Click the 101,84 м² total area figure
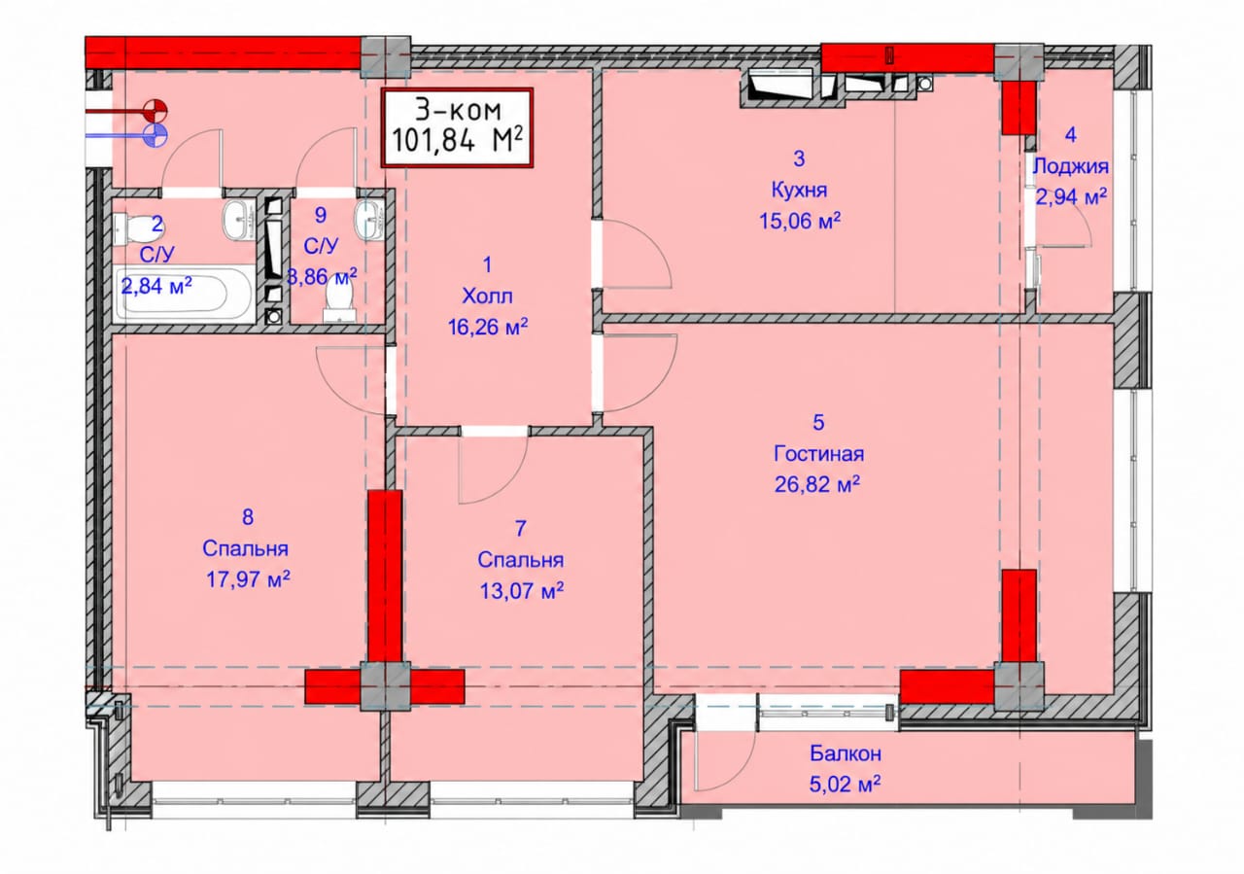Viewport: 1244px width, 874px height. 457,140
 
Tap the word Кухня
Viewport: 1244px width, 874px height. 799,191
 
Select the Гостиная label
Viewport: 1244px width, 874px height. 818,454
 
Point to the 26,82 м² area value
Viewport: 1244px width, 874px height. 817,484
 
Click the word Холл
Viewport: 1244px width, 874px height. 487,297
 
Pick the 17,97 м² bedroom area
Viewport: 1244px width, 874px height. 248,579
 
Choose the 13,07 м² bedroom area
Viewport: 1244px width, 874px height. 522,591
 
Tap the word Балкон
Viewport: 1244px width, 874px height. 846,753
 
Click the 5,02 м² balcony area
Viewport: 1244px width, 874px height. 845,784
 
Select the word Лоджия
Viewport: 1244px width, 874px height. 1071,166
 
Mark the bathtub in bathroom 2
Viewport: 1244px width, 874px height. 184,293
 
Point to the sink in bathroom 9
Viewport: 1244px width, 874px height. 369,220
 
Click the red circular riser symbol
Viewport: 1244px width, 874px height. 155,111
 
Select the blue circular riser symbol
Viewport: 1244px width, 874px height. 155,135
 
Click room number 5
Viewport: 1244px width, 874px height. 818,423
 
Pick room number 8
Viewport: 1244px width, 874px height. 248,517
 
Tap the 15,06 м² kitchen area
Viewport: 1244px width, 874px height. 800,221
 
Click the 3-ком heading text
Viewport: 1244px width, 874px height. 458,110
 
